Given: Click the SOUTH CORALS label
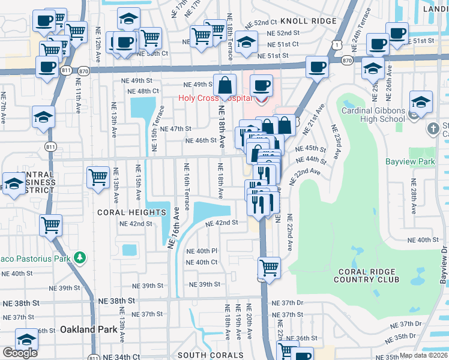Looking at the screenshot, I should tap(210, 355).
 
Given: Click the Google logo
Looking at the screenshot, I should tap(20, 353).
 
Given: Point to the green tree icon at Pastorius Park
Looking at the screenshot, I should tap(80, 258).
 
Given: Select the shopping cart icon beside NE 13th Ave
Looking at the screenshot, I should tap(98, 177).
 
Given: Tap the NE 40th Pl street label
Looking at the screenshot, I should tap(201, 251).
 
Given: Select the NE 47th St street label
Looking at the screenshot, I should tap(176, 128).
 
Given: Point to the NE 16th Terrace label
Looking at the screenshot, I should tap(186, 187).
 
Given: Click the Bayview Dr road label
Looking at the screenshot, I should tap(443, 265).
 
